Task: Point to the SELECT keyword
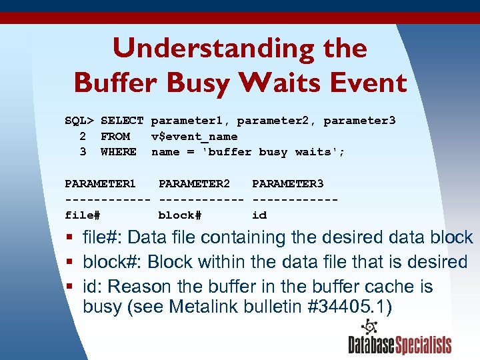(122, 121)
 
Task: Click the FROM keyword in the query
(115, 137)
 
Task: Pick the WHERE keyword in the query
(118, 152)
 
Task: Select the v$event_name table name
(194, 137)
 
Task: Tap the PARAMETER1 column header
(100, 183)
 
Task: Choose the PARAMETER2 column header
(194, 183)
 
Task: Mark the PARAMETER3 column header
(287, 183)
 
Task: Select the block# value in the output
(179, 215)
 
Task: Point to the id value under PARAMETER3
(259, 215)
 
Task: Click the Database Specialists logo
(399, 338)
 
